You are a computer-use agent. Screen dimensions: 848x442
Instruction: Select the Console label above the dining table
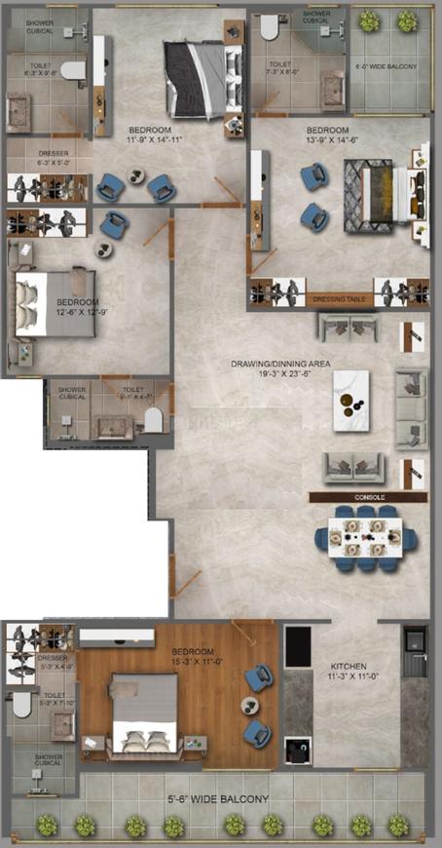point(370,497)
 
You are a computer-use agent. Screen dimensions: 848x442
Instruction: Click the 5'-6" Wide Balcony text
point(218,799)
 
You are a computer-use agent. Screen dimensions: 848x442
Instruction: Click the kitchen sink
point(414,641)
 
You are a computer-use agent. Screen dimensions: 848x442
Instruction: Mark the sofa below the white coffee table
point(354,469)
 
